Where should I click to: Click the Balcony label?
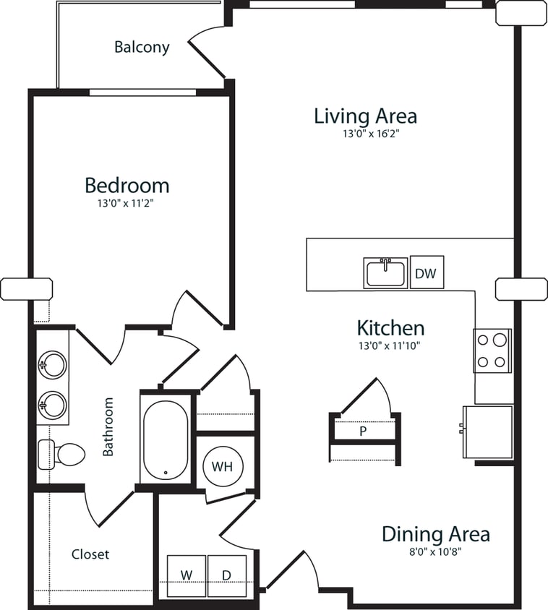(142, 48)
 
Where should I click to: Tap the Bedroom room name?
(127, 185)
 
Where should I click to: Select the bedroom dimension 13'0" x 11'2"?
(127, 204)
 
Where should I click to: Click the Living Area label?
(365, 116)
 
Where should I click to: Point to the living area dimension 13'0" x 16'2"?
(365, 134)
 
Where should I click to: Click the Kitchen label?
(390, 327)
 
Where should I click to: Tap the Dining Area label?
(435, 534)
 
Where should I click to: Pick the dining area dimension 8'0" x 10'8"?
(435, 551)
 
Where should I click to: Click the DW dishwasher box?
(427, 273)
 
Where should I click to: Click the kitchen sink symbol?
(385, 273)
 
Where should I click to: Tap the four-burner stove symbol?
(492, 351)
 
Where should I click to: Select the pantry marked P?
(363, 431)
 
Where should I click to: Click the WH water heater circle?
(222, 466)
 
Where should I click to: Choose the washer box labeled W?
(187, 575)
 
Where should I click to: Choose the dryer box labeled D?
(226, 575)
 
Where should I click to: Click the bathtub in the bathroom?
(166, 440)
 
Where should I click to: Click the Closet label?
(90, 554)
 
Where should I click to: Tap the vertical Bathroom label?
(108, 426)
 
